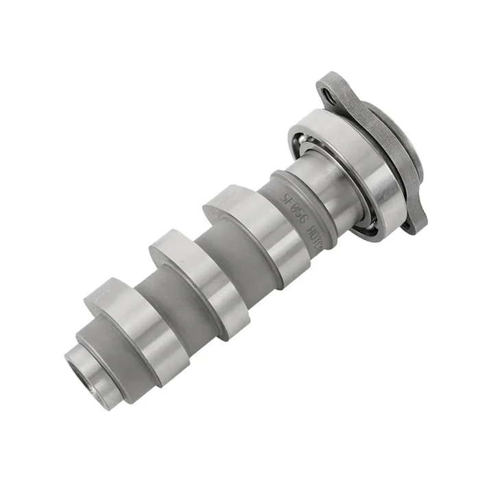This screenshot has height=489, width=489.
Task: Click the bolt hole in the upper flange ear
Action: [331, 99]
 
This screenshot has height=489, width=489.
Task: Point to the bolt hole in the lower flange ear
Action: [412, 224]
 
